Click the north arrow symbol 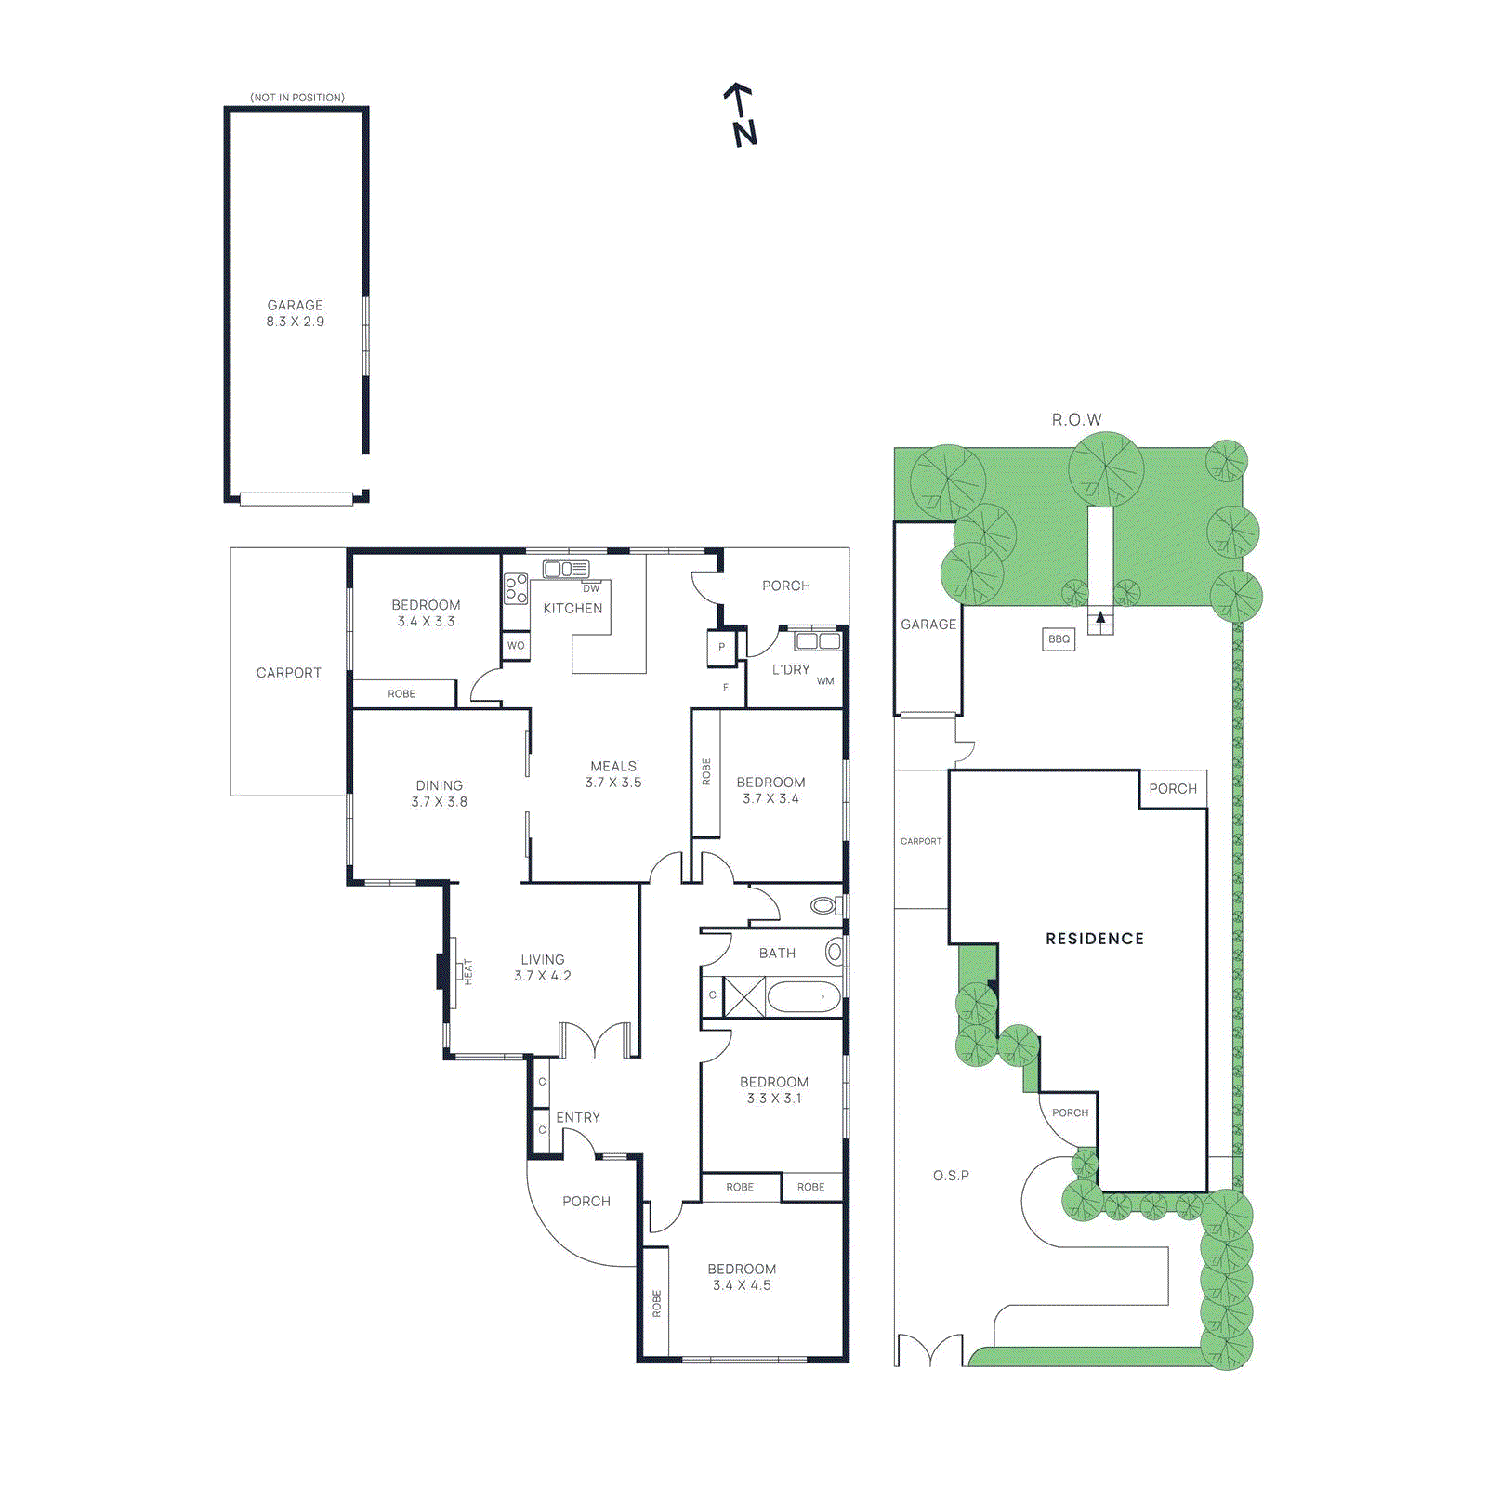click(741, 114)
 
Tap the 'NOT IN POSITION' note click(296, 98)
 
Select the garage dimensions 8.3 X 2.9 click(296, 322)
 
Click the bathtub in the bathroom click(804, 997)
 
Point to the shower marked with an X click(744, 996)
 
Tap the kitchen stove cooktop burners click(516, 588)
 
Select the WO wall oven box click(516, 645)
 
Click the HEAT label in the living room click(468, 971)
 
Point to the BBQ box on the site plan click(1059, 638)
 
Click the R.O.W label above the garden click(1076, 420)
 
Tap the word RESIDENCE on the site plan click(1094, 939)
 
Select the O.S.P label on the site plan click(951, 1176)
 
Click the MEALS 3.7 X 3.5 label click(613, 774)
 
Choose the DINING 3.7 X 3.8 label click(439, 794)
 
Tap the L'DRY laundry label click(791, 669)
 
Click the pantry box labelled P click(721, 647)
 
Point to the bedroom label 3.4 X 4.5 click(742, 1285)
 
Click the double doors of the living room click(595, 1041)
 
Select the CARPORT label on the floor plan click(288, 672)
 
